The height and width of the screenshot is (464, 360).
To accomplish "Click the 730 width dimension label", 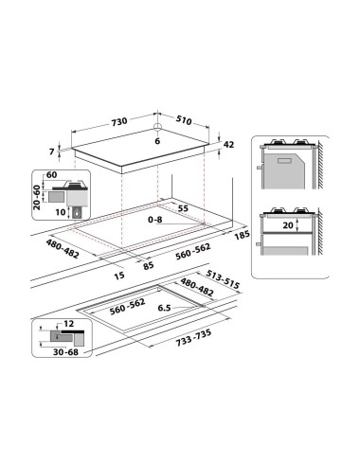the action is pyautogui.click(x=119, y=121).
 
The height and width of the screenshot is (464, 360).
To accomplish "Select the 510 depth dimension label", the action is pyautogui.click(x=184, y=120).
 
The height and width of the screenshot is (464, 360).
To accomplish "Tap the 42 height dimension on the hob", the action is pyautogui.click(x=228, y=145).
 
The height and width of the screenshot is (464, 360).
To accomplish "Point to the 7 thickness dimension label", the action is pyautogui.click(x=52, y=152).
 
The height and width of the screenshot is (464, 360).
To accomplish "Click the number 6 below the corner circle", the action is pyautogui.click(x=157, y=141).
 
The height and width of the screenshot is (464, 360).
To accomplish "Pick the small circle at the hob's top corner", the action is pyautogui.click(x=157, y=127).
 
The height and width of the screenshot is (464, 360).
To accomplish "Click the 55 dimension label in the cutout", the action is pyautogui.click(x=183, y=208).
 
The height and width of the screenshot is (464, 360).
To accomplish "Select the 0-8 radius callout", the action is pyautogui.click(x=155, y=220).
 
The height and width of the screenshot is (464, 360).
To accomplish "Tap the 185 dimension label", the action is pyautogui.click(x=242, y=235).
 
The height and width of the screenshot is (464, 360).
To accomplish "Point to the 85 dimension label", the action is pyautogui.click(x=148, y=265).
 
